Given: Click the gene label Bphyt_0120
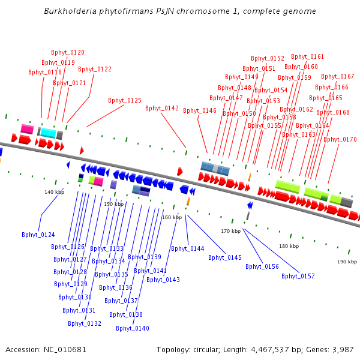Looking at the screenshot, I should coord(67,53).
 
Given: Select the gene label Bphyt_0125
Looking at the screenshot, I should coord(125,101).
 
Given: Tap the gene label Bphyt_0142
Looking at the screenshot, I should coord(162,109).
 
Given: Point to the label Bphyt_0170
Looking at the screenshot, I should coord(340,140).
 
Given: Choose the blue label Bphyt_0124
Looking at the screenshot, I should coord(38,235).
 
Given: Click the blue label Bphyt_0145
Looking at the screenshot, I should coord(225,258).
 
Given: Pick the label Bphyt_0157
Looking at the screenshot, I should coord(298,277).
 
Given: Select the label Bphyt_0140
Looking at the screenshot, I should coord(133,329).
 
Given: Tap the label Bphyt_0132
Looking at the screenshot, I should coord(85,324).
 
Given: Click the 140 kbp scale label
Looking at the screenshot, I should coord(54,193).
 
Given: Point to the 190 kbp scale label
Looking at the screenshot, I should coord(347,262).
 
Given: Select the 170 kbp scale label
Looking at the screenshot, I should coord(230,231).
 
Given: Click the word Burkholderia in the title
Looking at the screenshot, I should coord(70,11).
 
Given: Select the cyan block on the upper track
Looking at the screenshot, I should coord(49,133).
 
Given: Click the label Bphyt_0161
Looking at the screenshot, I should coord(307,57).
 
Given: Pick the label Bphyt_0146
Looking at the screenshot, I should coord(200,111).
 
